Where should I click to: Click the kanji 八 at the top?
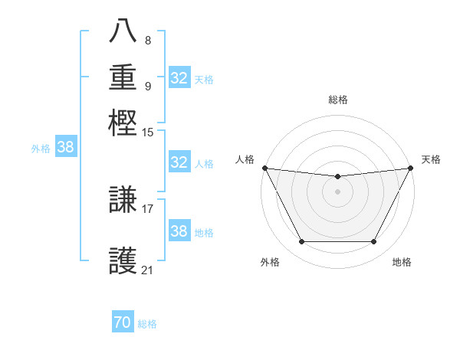[x=123, y=31]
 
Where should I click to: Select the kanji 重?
[x=123, y=77]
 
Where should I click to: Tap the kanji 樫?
[x=123, y=123]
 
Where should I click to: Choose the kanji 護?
[x=123, y=260]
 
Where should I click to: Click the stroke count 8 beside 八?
[x=148, y=41]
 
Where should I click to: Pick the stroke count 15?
[x=148, y=133]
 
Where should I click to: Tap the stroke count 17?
[x=148, y=208]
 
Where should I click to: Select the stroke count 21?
[x=148, y=270]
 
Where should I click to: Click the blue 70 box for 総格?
[x=123, y=322]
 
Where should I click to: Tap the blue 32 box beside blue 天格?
[x=179, y=78]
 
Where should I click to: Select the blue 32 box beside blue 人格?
[x=179, y=162]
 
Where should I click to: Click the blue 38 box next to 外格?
[x=65, y=148]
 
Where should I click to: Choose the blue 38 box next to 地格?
[x=179, y=231]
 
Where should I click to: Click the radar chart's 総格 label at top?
[x=337, y=100]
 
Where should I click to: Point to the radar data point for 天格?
[x=411, y=168]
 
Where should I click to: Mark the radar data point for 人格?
[x=264, y=168]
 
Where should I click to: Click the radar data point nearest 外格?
[x=301, y=242]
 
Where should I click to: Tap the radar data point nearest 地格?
[x=374, y=242]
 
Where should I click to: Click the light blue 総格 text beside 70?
[x=147, y=324]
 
